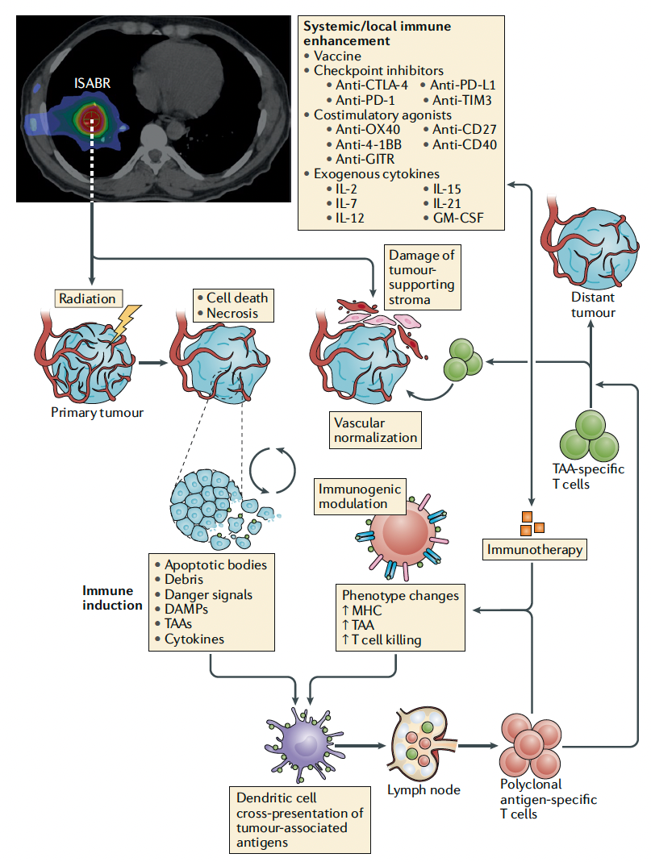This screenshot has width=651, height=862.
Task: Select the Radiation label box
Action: tap(89, 298)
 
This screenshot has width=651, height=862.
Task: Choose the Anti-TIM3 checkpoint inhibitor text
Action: tap(461, 100)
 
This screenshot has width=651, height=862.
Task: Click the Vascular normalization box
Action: tap(376, 431)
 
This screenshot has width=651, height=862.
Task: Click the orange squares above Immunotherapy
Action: tap(532, 523)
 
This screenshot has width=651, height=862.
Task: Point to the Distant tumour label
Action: tap(593, 306)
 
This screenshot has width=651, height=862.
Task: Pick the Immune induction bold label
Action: tap(112, 597)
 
